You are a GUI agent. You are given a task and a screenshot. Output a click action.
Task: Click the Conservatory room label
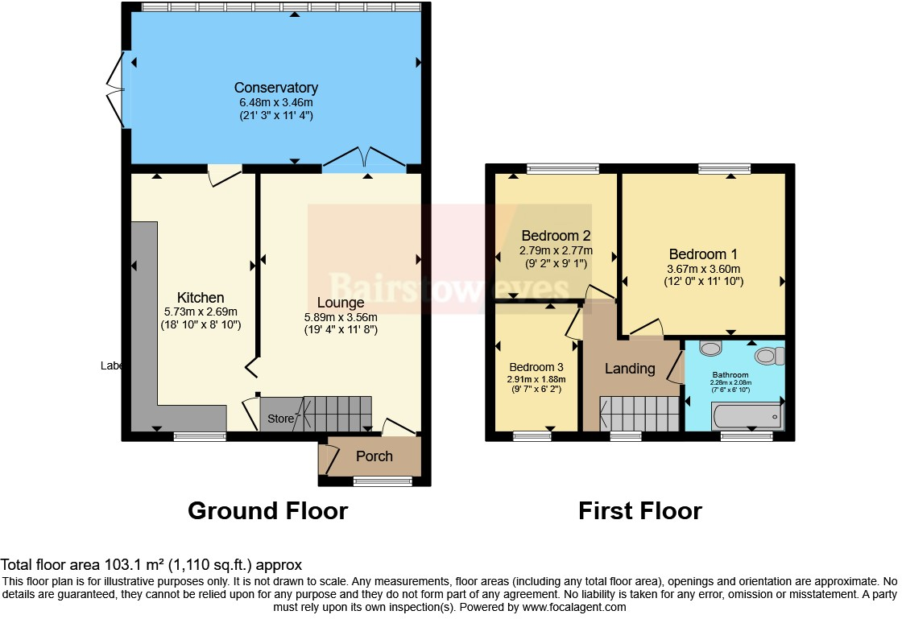pos(275,88)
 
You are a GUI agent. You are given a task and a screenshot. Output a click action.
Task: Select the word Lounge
pos(340,303)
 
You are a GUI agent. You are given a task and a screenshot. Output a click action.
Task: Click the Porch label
pos(374,456)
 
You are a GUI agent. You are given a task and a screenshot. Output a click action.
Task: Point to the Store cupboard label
pos(280,419)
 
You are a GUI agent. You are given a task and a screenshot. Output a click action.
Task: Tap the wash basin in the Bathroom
pos(710,349)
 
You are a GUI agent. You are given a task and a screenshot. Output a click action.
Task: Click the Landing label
pos(629,369)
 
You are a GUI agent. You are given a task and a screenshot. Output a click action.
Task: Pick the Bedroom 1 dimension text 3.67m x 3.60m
pos(703,269)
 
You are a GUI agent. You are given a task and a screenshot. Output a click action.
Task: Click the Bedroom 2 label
pos(556,236)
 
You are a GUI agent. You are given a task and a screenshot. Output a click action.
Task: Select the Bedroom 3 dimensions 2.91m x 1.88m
pos(536,379)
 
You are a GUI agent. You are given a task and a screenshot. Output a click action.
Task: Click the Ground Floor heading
pos(267,511)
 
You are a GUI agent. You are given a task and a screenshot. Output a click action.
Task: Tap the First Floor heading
pos(640,511)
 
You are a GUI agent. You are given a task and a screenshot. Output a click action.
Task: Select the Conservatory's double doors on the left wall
pos(118,89)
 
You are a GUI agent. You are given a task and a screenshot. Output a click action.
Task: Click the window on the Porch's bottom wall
pos(383,481)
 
